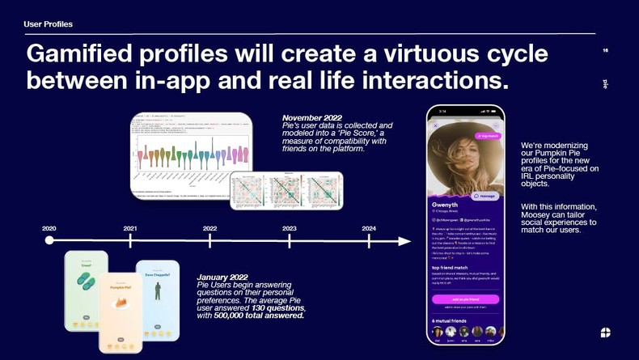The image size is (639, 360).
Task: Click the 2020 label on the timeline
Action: pos(49,228)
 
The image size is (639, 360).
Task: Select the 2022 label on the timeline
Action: pos(209,228)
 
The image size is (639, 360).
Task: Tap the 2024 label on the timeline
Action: pos(368,228)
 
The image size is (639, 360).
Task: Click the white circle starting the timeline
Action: pos(49,240)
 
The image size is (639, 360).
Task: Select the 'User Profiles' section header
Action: pos(48,24)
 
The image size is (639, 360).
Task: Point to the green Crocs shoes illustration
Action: pos(86,279)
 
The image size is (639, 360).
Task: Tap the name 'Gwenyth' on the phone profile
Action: pos(445,205)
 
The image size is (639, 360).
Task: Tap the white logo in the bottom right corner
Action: pos(607,332)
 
